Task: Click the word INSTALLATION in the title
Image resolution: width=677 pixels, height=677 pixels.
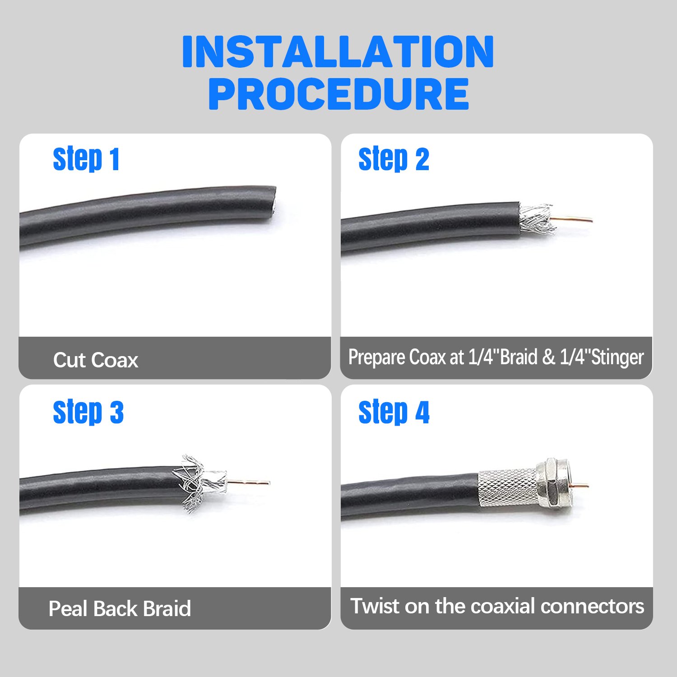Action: point(338,52)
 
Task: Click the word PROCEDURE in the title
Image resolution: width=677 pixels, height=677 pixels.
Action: point(338,94)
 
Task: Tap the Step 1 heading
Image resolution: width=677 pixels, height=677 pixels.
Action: point(86,159)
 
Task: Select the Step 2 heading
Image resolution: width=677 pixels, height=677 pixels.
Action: point(394,159)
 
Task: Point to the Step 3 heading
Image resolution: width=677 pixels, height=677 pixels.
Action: point(88,412)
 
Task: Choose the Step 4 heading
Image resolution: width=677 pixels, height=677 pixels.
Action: point(394,412)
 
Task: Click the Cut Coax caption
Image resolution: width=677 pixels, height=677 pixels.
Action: point(96,360)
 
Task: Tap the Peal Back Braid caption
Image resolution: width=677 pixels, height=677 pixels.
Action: point(120,608)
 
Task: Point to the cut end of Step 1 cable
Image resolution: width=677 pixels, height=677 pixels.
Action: point(273,203)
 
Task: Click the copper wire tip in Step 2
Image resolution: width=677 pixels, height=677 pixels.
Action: point(591,221)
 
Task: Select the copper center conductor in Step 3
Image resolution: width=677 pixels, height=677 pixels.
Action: point(248,483)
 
